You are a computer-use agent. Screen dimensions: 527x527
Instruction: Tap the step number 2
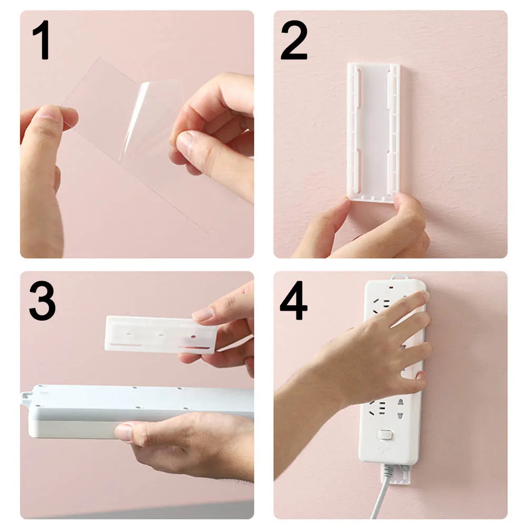[294, 40]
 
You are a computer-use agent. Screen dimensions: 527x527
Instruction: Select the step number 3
[42, 301]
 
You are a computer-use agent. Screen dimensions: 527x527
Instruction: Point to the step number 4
[294, 301]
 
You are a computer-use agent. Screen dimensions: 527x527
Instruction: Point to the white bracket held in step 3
[158, 334]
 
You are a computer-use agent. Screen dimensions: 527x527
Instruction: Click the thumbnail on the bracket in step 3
[203, 314]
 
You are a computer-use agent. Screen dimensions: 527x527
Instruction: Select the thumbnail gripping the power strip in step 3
[124, 432]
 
